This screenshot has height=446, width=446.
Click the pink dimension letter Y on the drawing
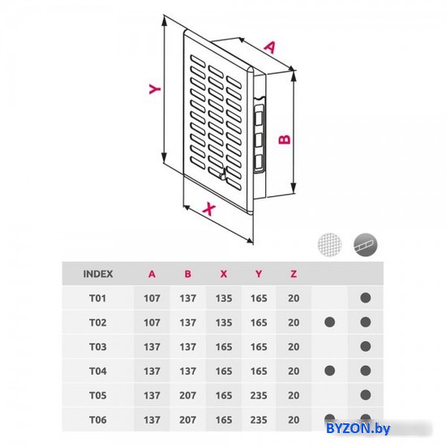pyautogui.click(x=155, y=88)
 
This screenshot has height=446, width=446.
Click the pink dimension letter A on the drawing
pyautogui.click(x=270, y=48)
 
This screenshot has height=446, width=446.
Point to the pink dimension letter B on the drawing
pyautogui.click(x=285, y=139)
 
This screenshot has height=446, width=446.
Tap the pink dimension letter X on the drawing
pyautogui.click(x=209, y=209)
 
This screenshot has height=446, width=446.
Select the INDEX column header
pyautogui.click(x=98, y=274)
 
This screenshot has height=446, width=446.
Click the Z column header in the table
pyautogui.click(x=294, y=274)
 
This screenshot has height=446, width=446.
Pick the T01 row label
pyautogui.click(x=98, y=298)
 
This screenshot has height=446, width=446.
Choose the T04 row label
pyautogui.click(x=98, y=371)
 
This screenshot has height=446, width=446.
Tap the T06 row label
pyautogui.click(x=98, y=419)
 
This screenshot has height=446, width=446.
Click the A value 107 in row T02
pyautogui.click(x=152, y=323)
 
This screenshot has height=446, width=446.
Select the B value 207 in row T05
pyautogui.click(x=188, y=396)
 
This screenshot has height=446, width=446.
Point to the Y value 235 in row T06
pyautogui.click(x=259, y=419)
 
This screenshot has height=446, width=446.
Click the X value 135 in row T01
pyautogui.click(x=224, y=298)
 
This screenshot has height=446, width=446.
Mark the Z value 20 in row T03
pyautogui.click(x=294, y=347)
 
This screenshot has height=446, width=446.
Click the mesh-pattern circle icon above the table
pyautogui.click(x=330, y=245)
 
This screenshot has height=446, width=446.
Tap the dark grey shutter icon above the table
pyautogui.click(x=366, y=245)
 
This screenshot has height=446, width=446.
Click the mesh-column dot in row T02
pyautogui.click(x=330, y=322)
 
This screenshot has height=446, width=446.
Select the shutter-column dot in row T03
pyautogui.click(x=366, y=346)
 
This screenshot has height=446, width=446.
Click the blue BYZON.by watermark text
pyautogui.click(x=358, y=428)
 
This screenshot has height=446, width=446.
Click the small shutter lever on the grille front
pyautogui.click(x=222, y=174)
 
